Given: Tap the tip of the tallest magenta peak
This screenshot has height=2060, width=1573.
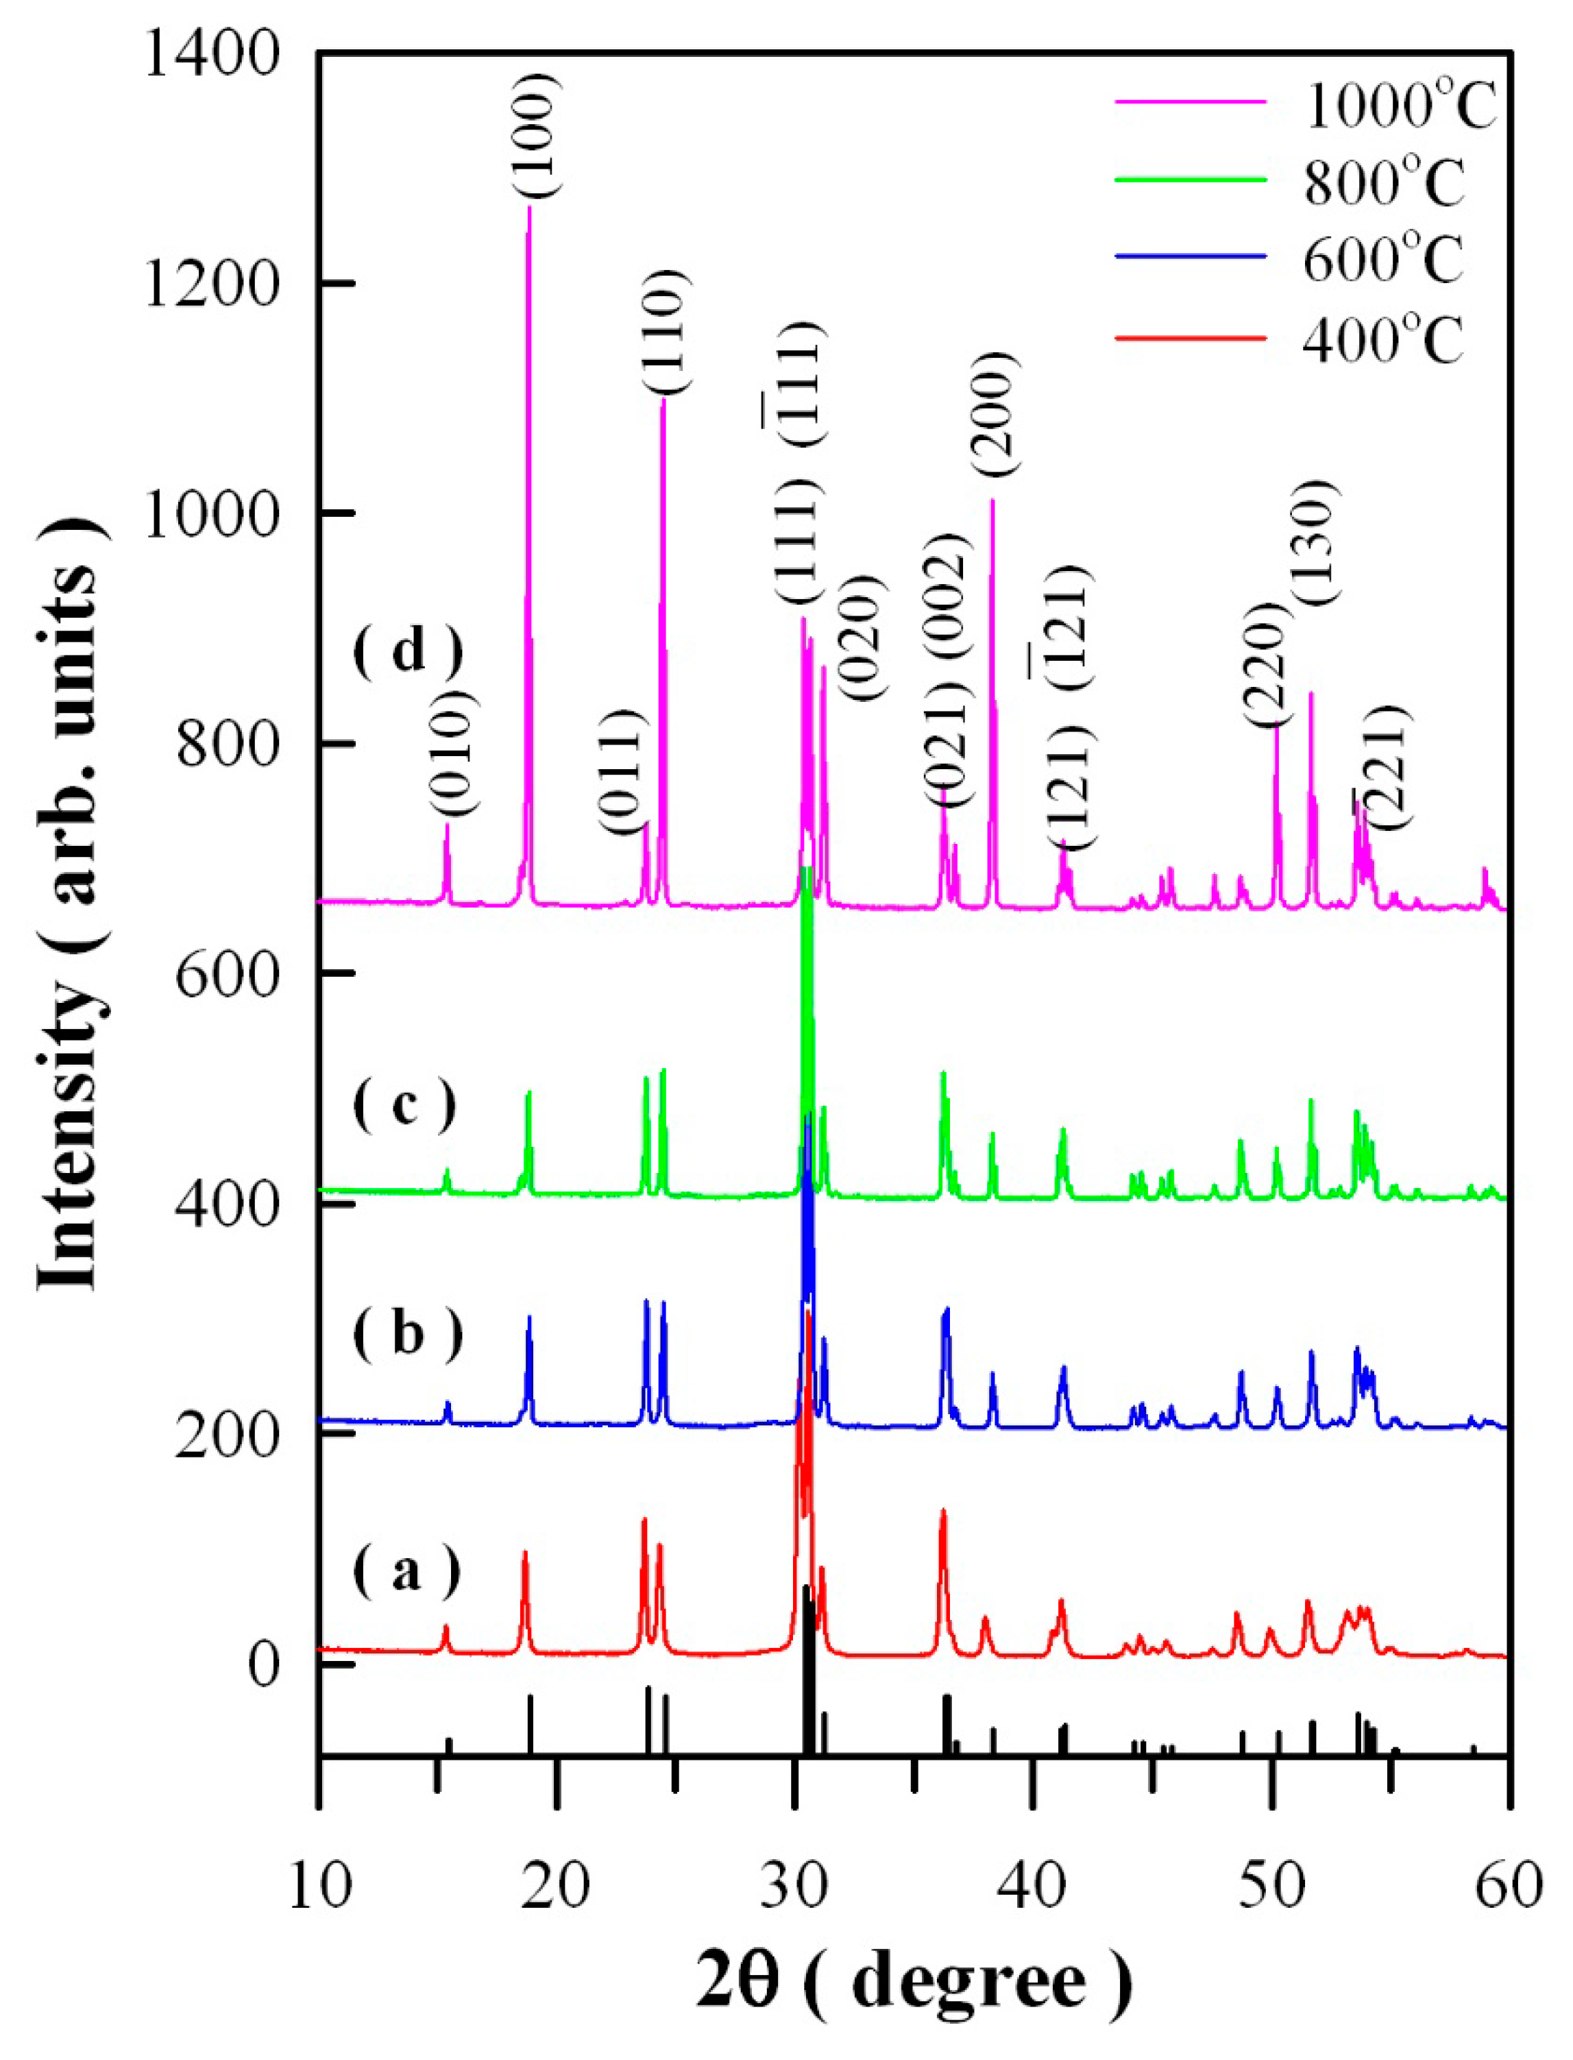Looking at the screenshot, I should pos(529,208).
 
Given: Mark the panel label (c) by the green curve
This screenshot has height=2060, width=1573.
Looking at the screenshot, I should pos(404,1105).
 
